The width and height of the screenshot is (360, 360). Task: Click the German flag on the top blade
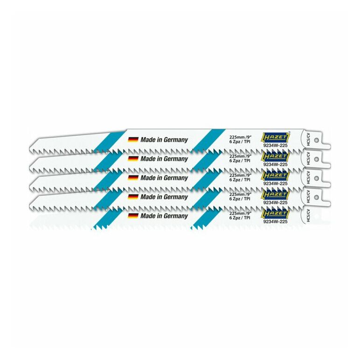pos(133,139)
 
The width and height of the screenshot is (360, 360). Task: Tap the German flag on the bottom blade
pos(133,215)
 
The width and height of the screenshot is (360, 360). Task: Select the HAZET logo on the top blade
pos(276,137)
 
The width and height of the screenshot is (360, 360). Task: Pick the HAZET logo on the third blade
pos(276,175)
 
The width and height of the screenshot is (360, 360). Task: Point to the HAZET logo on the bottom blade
pos(276,214)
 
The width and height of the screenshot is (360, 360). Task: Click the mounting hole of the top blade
pos(316,140)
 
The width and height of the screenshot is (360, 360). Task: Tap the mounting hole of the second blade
pos(316,159)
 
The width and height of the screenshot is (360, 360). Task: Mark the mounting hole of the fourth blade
pos(316,197)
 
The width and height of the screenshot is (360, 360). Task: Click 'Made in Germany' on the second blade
pos(164,159)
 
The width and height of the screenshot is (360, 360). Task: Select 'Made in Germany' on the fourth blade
pos(164,197)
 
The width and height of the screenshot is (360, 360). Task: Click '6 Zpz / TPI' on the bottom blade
pos(240,218)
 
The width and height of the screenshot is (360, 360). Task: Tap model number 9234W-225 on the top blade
pos(275,145)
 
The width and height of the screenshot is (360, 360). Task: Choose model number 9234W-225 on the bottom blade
pos(275,222)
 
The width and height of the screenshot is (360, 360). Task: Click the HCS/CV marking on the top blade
pos(308,139)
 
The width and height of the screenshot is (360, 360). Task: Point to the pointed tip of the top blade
pos(29,147)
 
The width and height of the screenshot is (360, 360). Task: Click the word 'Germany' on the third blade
pos(176,178)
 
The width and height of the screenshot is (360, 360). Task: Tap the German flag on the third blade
pos(133,178)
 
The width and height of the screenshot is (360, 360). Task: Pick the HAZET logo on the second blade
pos(276,156)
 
